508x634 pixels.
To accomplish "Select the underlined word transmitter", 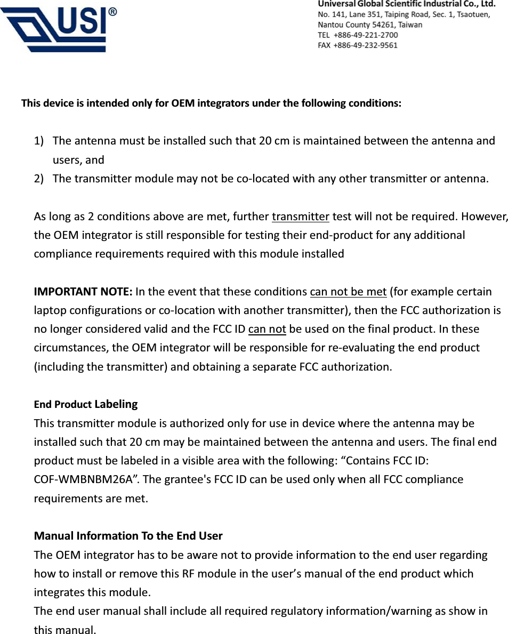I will (x=301, y=216).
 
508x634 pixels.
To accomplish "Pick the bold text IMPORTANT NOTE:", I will (x=83, y=292).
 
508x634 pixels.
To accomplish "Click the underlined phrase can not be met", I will (x=348, y=292).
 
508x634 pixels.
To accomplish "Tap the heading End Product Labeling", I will (x=86, y=404).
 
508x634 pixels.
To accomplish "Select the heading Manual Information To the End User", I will (x=128, y=535).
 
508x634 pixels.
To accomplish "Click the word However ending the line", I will (x=485, y=216).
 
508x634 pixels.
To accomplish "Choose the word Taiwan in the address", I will (x=410, y=25).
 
